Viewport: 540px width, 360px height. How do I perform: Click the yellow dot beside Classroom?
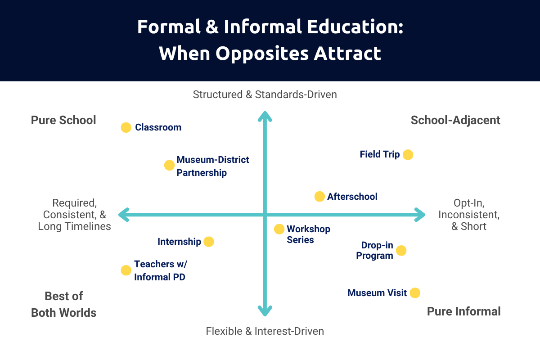tap(126, 127)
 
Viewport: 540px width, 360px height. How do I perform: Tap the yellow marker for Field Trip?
tap(408, 155)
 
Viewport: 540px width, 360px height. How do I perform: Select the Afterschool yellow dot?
tap(319, 197)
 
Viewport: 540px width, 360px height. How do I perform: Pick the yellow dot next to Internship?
tap(209, 242)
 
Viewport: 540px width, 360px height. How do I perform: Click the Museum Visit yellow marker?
tap(415, 293)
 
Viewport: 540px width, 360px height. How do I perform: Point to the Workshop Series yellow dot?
tap(279, 229)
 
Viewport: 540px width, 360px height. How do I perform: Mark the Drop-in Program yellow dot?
tap(401, 251)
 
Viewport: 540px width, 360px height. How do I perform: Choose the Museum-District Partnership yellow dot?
tap(169, 165)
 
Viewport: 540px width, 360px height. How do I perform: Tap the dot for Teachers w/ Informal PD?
tap(126, 270)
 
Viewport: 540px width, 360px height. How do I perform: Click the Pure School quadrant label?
tap(63, 121)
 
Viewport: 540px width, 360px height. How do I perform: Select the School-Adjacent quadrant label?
tap(455, 121)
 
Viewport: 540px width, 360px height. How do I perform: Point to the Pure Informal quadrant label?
tap(463, 311)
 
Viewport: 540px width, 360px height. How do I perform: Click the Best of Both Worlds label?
tap(64, 305)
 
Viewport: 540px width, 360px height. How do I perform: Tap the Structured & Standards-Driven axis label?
tap(265, 94)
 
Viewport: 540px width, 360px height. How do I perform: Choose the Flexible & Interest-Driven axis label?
tap(265, 331)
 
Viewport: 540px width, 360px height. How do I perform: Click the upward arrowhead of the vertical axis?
tap(265, 116)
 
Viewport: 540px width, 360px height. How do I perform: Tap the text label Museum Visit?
tap(377, 293)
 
